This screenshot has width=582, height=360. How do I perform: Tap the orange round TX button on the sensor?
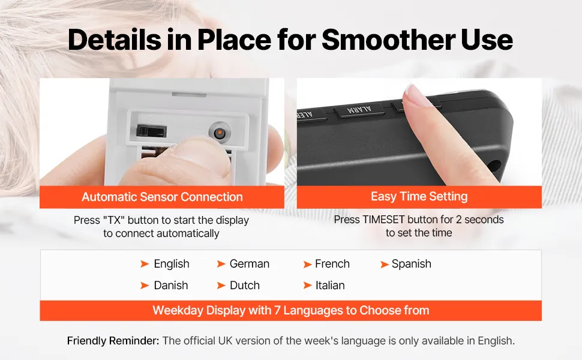pyautogui.click(x=220, y=133)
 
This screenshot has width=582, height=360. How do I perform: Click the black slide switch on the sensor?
pyautogui.click(x=152, y=131)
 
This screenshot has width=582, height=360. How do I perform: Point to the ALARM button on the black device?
pyautogui.click(x=359, y=110)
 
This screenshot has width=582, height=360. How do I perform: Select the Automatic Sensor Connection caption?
pyautogui.click(x=162, y=197)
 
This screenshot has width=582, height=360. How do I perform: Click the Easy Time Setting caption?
pyautogui.click(x=419, y=196)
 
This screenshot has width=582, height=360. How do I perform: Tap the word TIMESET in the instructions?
pyautogui.click(x=384, y=220)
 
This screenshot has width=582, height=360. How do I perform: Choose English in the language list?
pyautogui.click(x=172, y=264)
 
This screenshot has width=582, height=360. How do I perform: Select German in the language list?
pyautogui.click(x=250, y=264)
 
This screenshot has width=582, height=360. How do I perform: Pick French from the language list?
pyautogui.click(x=332, y=264)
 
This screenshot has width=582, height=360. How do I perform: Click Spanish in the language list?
pyautogui.click(x=411, y=264)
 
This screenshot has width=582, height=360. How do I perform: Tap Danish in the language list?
pyautogui.click(x=171, y=286)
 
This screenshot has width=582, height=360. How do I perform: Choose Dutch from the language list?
pyautogui.click(x=245, y=286)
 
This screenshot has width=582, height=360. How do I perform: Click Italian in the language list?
pyautogui.click(x=330, y=286)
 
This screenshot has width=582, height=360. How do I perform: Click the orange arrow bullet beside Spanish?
pyautogui.click(x=385, y=265)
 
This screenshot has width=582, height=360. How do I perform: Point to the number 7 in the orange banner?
pyautogui.click(x=277, y=310)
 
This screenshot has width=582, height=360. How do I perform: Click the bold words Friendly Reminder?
pyautogui.click(x=113, y=341)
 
